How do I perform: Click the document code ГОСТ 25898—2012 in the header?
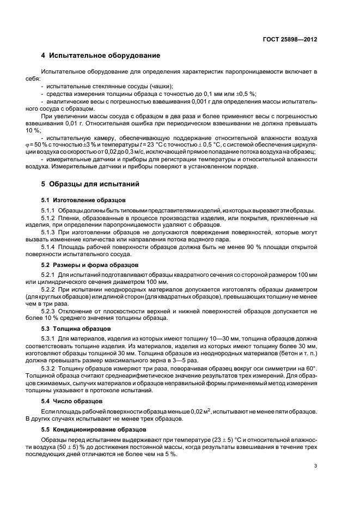289,39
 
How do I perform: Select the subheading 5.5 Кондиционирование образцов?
91,429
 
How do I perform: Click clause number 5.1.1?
48,211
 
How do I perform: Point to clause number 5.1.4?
48,246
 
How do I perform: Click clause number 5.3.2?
48,369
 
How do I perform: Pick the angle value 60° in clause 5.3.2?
310,369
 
